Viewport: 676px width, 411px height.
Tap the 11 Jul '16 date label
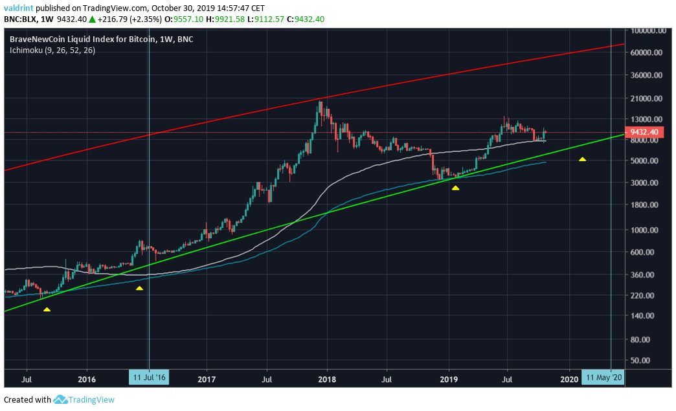click(x=149, y=377)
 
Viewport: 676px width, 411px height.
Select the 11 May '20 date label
click(x=603, y=377)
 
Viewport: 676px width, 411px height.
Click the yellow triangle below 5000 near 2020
click(x=583, y=159)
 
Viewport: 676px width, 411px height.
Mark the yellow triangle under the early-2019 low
click(x=456, y=188)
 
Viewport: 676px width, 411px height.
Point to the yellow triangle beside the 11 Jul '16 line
click(x=139, y=288)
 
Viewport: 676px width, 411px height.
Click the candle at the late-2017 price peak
click(x=319, y=107)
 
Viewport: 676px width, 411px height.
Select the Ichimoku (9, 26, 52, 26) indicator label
click(x=52, y=50)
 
